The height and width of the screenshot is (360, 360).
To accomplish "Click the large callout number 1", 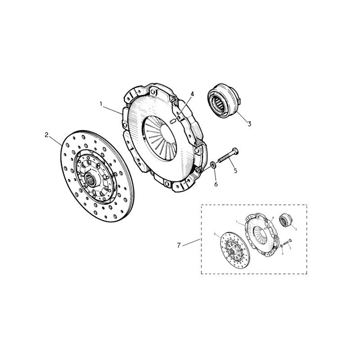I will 102,104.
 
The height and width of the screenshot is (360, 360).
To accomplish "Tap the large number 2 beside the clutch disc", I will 46,135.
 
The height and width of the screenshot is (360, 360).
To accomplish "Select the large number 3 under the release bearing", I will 250,124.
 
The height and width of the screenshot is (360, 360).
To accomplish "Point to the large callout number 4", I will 192,94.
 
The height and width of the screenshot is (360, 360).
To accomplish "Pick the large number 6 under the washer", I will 216,184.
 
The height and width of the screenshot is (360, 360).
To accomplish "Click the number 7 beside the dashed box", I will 179,245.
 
